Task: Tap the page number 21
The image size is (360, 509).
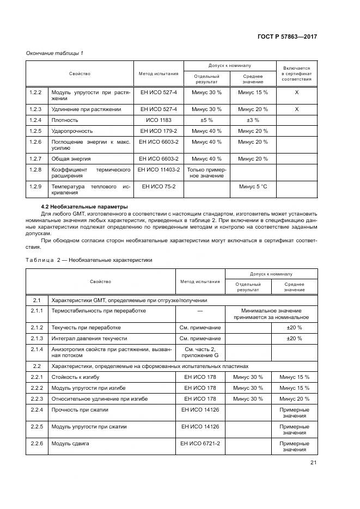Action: (x=313, y=463)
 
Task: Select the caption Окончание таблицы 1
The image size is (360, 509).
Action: (x=55, y=53)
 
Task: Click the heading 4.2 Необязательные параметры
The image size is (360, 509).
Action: (x=84, y=207)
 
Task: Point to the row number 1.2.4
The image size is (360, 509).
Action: (x=35, y=120)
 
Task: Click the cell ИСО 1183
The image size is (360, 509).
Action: (x=159, y=120)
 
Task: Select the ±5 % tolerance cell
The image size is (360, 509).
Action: (x=206, y=120)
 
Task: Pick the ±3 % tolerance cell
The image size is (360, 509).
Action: (x=253, y=120)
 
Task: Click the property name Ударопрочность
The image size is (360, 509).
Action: (x=72, y=131)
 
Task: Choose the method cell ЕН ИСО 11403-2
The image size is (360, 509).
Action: (x=159, y=169)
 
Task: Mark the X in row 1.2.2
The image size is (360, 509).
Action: (x=297, y=93)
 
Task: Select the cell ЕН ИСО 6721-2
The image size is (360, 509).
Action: (x=200, y=443)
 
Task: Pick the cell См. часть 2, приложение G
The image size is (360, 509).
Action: (x=200, y=352)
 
